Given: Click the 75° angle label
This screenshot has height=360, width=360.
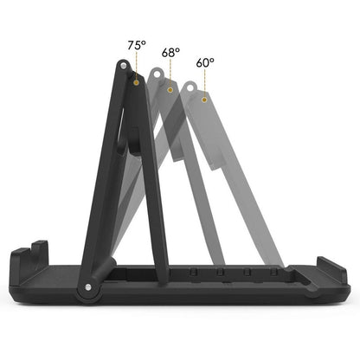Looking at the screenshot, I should [136, 43].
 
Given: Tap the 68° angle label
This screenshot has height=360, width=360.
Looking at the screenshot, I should [170, 52].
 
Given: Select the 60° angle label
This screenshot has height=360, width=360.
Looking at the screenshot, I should [204, 62].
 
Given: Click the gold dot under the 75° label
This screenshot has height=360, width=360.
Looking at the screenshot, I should [136, 82].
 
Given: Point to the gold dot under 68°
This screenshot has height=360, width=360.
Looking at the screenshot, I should [170, 89].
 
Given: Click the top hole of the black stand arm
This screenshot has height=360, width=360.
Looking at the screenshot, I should [125, 67].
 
